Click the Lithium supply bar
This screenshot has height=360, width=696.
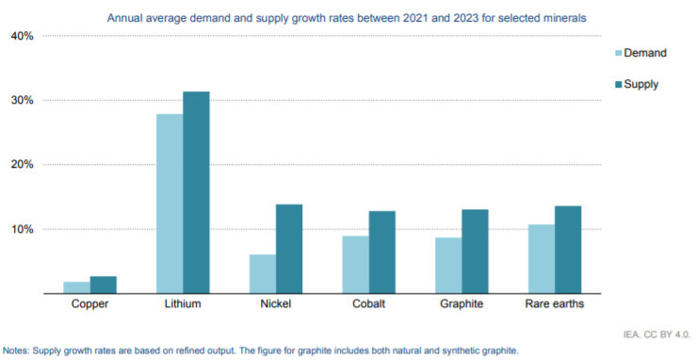[x=197, y=192]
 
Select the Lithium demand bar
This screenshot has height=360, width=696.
[x=170, y=204]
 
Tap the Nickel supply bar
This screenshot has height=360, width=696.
[x=289, y=249]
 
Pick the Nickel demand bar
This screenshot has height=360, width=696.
[x=263, y=274]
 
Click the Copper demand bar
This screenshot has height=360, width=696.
[x=77, y=287]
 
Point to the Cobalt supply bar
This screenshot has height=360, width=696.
[x=381, y=252]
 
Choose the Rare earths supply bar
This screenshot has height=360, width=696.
[x=568, y=250]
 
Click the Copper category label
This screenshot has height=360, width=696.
[x=90, y=305]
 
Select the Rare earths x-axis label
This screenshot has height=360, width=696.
[x=555, y=305]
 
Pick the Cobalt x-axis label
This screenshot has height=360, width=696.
[x=368, y=305]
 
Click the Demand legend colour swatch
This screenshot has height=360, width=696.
[x=619, y=53]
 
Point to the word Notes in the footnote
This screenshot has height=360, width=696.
[x=19, y=351]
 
